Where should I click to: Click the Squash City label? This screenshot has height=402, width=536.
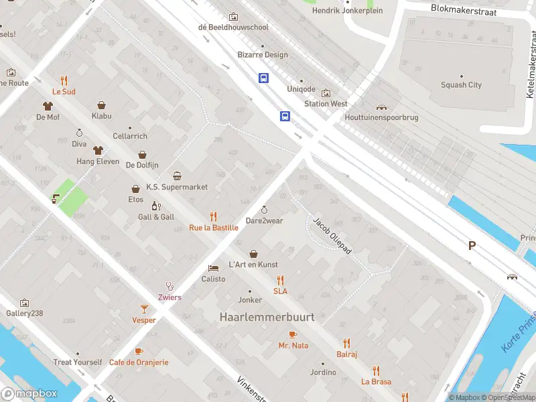coord(461,85)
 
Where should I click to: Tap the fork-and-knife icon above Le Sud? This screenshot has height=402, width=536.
coord(64,80)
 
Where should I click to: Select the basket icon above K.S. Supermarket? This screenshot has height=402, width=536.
coord(178,176)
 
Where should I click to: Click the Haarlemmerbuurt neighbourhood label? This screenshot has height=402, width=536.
coord(267,317)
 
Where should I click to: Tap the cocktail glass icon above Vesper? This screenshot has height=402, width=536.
coord(144,309)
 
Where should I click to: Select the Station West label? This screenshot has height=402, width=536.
coord(326,104)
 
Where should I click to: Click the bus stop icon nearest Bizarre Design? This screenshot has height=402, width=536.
coord(264,78)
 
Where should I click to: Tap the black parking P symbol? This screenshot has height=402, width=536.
coord(472,246)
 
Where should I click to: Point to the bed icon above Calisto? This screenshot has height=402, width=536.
coord(214,268)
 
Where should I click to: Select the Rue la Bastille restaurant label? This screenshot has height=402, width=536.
coord(214,228)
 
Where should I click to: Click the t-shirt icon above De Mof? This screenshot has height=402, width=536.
coord(48,106)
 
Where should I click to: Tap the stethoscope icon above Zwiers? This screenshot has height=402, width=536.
coord(170,286)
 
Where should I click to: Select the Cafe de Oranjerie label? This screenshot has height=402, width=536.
coord(139,362)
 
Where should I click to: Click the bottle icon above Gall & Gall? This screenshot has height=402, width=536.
coord(156,206)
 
